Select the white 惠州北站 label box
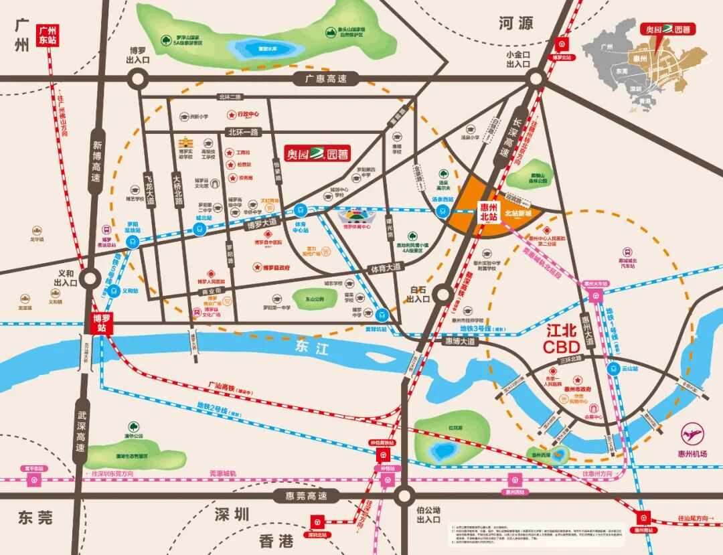[489, 212]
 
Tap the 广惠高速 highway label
[323, 79]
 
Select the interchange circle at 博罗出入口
[138, 79]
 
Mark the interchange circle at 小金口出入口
[536, 78]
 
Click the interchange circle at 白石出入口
[442, 293]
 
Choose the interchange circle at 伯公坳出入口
[403, 496]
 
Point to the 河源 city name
[515, 23]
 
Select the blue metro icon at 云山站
[613, 368]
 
